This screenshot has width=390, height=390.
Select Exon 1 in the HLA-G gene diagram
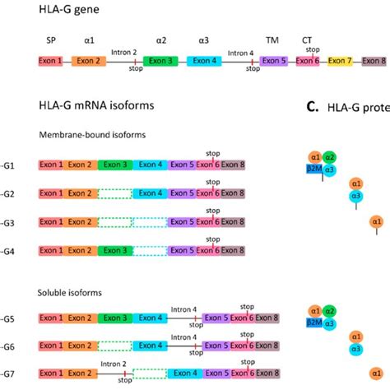(51, 61)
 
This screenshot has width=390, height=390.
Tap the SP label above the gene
(51, 38)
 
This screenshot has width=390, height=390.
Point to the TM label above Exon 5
(272, 38)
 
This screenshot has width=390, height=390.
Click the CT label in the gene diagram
(307, 38)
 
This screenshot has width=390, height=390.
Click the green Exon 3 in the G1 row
(114, 165)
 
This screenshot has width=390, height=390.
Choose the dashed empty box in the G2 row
(114, 193)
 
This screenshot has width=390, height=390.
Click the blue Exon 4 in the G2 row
(150, 193)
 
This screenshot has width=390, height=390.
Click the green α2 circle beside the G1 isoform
(330, 157)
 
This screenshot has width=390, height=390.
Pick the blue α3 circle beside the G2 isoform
(356, 196)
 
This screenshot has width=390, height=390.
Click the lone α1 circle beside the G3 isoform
(377, 221)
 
